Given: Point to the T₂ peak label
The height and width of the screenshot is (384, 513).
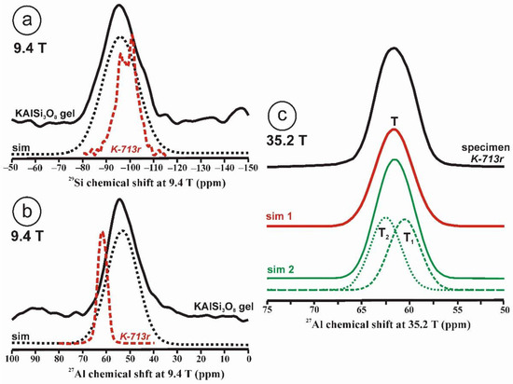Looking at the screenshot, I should click(x=385, y=232).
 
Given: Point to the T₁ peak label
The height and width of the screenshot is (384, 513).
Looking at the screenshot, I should click(x=409, y=238).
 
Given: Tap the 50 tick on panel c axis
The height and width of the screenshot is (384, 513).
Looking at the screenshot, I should click(x=505, y=304).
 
